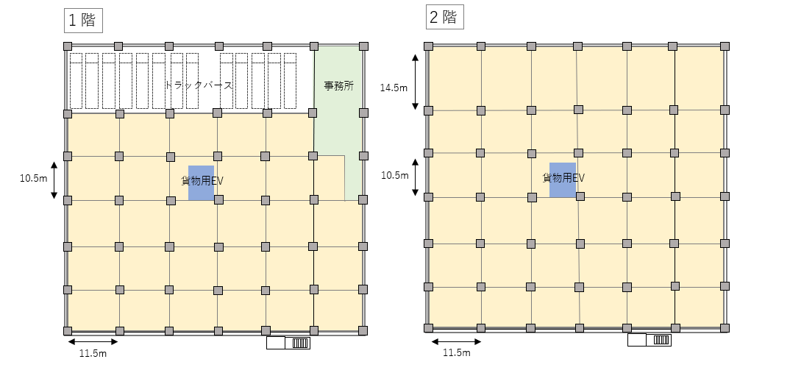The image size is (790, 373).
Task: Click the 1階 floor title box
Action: tap(83, 21)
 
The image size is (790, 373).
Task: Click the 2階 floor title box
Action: tap(445, 18)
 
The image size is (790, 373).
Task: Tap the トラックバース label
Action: tap(199, 85)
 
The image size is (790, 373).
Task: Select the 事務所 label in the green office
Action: tap(338, 85)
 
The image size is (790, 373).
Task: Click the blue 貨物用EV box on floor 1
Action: tap(201, 183)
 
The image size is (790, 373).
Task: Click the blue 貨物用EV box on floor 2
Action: tap(562, 180)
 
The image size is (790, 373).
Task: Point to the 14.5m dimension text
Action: tap(394, 88)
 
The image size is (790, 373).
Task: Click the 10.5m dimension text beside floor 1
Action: tap(34, 179)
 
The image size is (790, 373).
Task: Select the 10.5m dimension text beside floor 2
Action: tap(394, 175)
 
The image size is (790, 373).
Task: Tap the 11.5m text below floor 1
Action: tap(93, 353)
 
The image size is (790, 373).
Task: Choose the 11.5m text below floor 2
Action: tap(457, 352)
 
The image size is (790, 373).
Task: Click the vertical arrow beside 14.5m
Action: tap(415, 82)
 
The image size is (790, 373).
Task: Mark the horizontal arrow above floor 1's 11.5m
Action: tap(93, 342)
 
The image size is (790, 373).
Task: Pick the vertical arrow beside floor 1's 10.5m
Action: tap(54, 180)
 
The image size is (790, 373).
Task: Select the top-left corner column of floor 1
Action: tap(68, 46)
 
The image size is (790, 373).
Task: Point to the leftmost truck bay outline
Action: tap(76, 81)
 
